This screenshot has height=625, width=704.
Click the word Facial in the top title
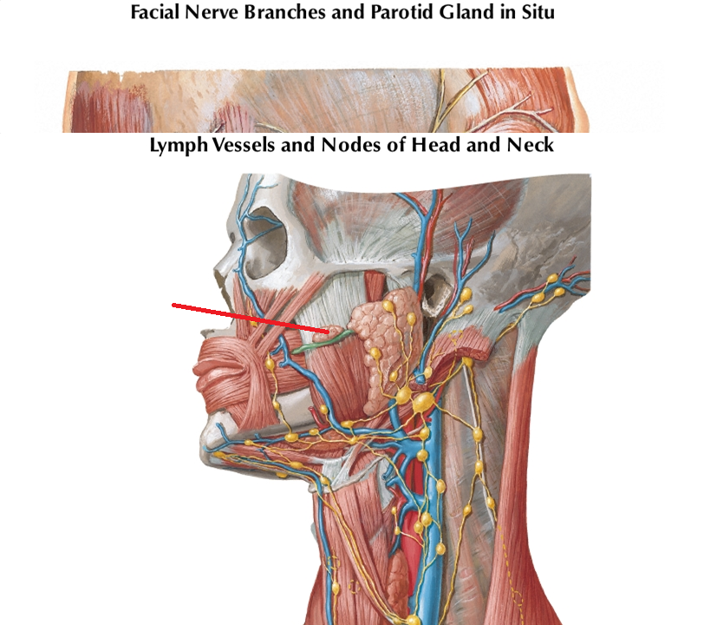154,13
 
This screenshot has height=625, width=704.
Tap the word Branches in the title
279,13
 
